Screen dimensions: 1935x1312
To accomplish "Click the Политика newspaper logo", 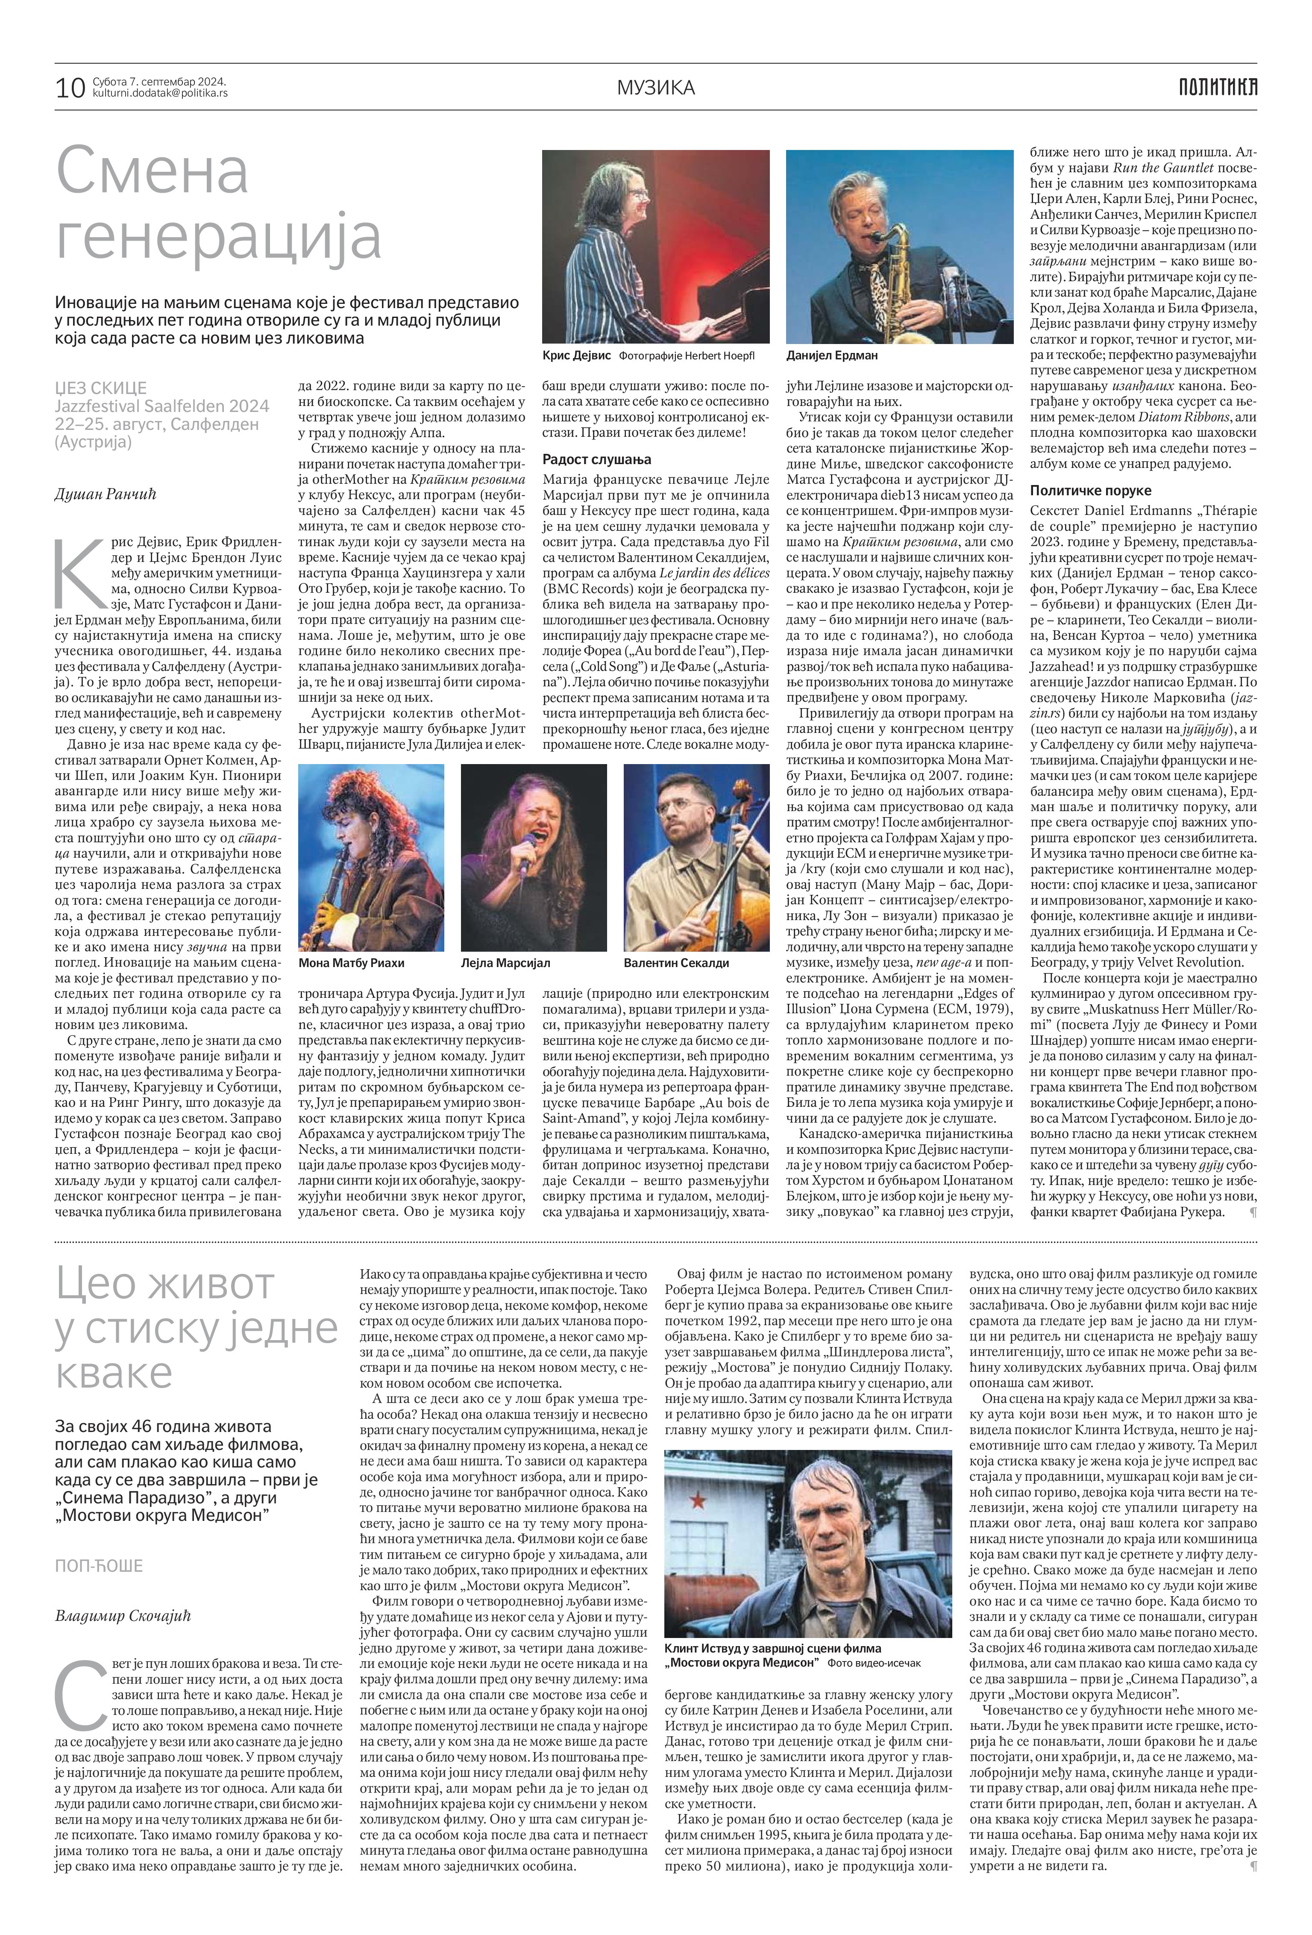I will pos(1217,87).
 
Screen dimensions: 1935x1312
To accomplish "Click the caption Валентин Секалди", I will pos(676,962).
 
